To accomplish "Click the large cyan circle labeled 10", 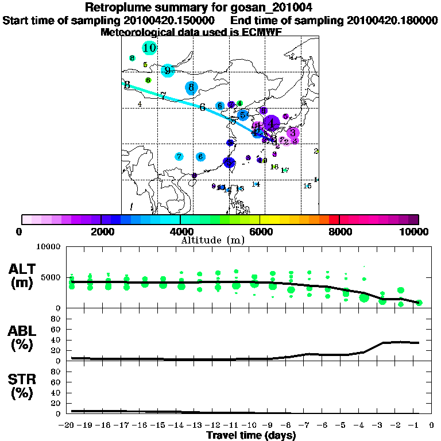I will point(150,48).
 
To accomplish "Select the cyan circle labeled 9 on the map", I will point(168,71).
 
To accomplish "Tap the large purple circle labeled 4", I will point(271,122).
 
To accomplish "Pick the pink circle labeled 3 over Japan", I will point(292,133).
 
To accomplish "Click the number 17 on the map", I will point(285,170).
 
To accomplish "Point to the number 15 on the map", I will point(307,186).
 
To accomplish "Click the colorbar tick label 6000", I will point(260,231).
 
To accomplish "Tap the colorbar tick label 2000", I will point(101,231).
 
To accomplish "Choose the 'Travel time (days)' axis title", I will point(251,435).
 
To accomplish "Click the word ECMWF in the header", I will point(262,32).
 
